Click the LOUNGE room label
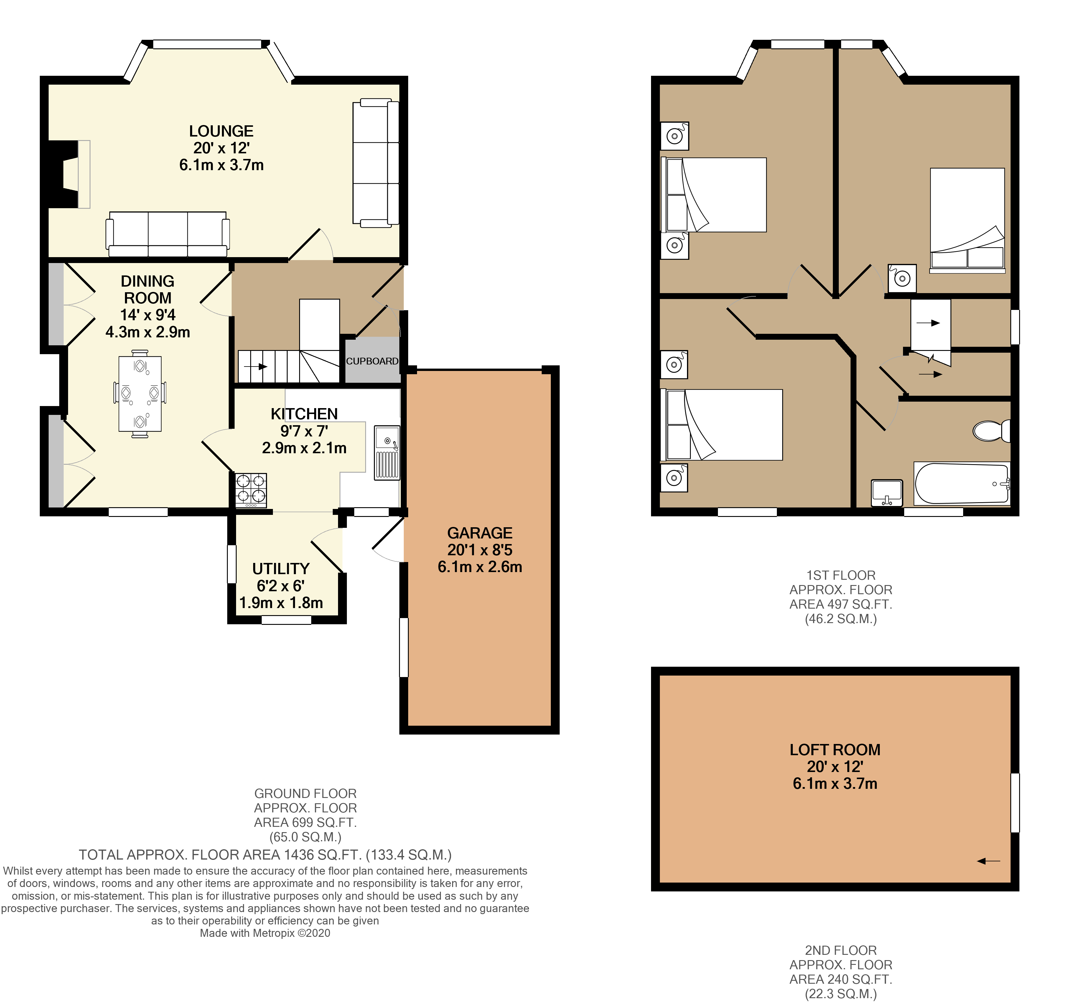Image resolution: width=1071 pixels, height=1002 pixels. (x=221, y=131)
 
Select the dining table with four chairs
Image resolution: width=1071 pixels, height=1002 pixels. (x=139, y=393)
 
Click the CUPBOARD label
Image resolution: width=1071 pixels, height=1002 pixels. (x=372, y=361)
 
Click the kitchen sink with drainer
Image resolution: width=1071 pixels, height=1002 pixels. (x=387, y=453)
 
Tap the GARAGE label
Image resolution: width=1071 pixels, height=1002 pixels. (x=480, y=533)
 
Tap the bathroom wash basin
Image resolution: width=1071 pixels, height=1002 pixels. (x=886, y=493)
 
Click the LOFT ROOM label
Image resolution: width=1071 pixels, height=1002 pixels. (x=835, y=750)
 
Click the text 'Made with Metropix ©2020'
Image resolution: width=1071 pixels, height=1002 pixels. (x=265, y=933)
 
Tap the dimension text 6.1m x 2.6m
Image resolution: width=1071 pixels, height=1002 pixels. (x=480, y=567)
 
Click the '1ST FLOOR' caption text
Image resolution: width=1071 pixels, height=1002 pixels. (x=841, y=575)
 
